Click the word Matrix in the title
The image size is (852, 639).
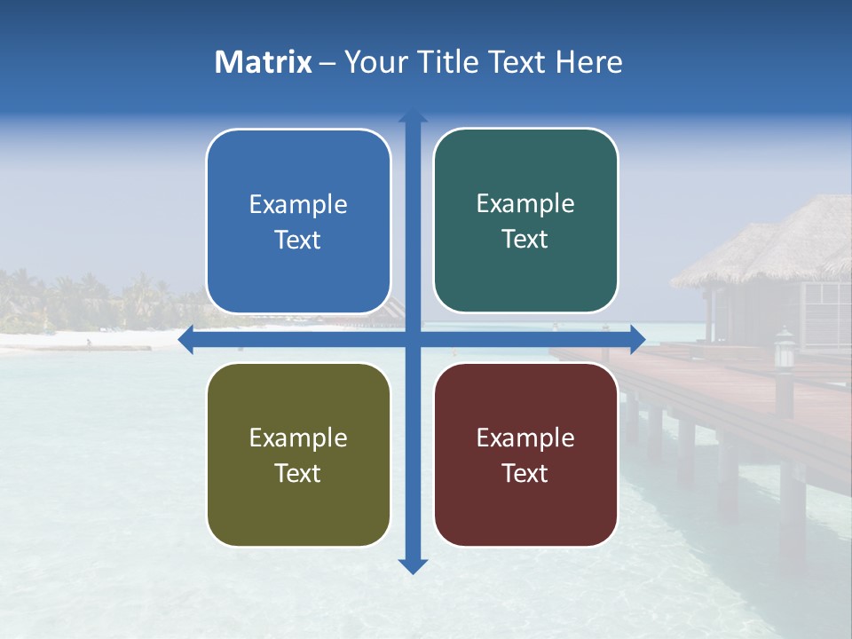click(263, 62)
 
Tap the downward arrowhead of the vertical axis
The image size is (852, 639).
click(413, 565)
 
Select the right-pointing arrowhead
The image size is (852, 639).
click(636, 339)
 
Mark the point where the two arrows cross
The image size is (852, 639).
click(413, 339)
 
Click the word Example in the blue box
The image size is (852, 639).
click(298, 205)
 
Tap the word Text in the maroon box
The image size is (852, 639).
click(525, 473)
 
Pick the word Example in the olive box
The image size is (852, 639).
click(298, 438)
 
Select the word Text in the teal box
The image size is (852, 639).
click(525, 240)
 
